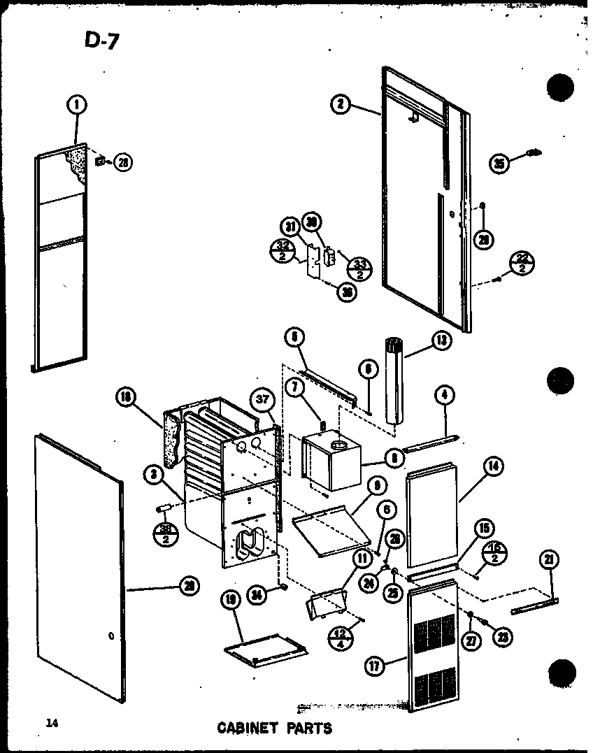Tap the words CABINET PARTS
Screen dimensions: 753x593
coord(275,728)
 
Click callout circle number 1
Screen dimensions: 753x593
coord(76,106)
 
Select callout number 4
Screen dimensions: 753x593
coord(444,396)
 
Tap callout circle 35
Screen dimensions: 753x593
coord(499,164)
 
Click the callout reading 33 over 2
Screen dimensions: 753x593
coord(360,265)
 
